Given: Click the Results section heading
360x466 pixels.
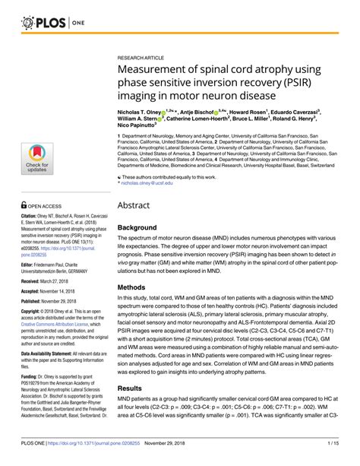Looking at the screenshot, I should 137,409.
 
